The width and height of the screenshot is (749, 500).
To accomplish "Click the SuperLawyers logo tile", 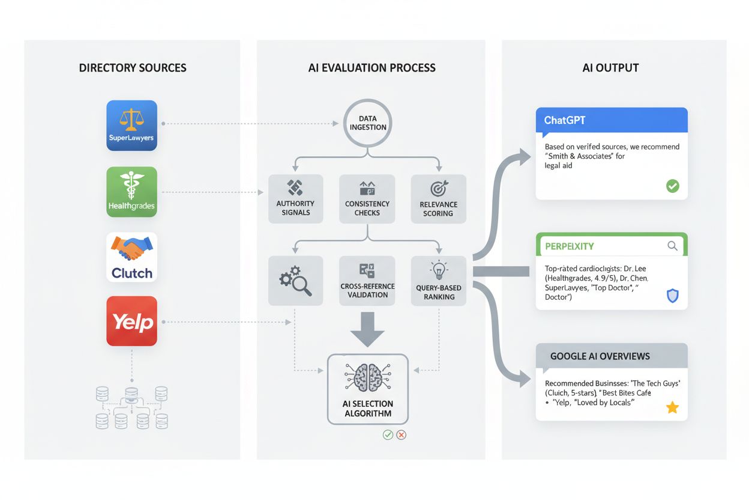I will click(x=131, y=125).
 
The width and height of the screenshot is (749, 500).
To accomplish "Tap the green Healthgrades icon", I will click(x=131, y=191).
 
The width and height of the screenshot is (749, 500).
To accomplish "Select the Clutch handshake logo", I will click(x=131, y=257).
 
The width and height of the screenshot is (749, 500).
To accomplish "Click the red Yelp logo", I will click(x=131, y=321).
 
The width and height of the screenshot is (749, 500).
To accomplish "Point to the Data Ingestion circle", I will click(x=367, y=123).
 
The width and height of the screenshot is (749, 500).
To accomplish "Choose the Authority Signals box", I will click(x=295, y=198).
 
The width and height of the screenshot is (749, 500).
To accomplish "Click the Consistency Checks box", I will click(x=367, y=198).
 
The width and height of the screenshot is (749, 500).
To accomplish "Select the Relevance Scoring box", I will click(x=438, y=198).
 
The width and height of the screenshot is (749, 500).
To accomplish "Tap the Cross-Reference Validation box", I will click(x=367, y=280).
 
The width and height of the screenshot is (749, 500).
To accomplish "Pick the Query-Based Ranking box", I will click(x=438, y=280).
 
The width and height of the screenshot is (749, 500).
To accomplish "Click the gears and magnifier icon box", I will click(x=295, y=280).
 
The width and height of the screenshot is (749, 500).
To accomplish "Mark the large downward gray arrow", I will click(x=367, y=329).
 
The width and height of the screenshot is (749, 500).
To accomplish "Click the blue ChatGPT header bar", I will click(x=611, y=120).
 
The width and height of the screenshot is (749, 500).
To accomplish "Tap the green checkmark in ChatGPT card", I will click(x=673, y=186).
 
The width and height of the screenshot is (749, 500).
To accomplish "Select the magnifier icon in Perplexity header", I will click(x=672, y=246).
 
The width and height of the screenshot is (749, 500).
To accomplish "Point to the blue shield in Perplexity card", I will click(x=673, y=296).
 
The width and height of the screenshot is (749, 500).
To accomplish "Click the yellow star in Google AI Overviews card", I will click(x=672, y=408).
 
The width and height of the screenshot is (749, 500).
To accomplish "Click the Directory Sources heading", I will click(x=133, y=68).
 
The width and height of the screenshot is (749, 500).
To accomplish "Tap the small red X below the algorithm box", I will click(x=402, y=434).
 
